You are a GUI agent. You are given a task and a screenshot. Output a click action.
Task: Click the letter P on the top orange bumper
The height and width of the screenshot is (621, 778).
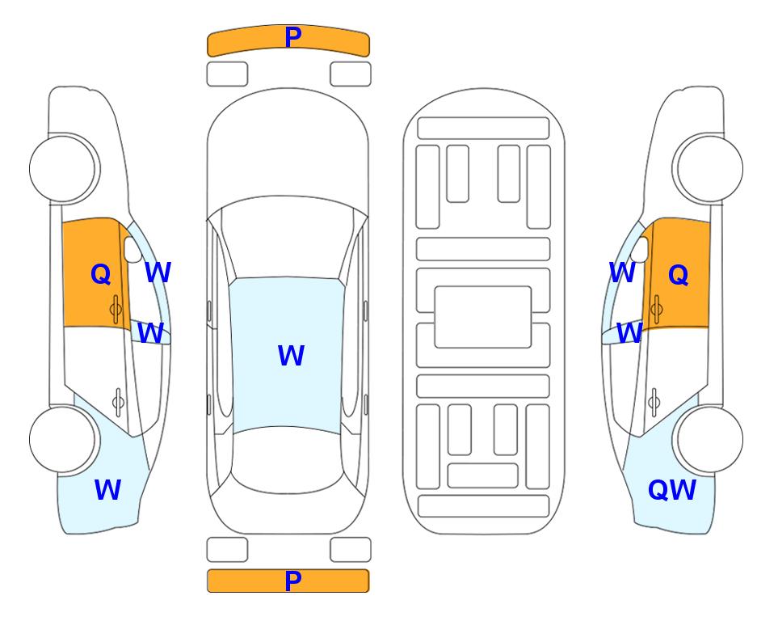pyautogui.click(x=293, y=36)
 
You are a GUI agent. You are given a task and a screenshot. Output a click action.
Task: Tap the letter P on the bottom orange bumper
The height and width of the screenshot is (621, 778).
pyautogui.click(x=293, y=581)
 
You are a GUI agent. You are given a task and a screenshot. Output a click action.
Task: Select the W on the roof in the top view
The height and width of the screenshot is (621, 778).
pyautogui.click(x=291, y=355)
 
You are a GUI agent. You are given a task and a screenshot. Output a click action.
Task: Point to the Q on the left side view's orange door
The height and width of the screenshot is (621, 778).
pyautogui.click(x=101, y=274)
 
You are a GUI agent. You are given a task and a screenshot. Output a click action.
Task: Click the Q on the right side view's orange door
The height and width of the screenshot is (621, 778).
pyautogui.click(x=679, y=274)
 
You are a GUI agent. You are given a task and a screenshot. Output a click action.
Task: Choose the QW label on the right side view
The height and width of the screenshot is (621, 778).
pyautogui.click(x=672, y=490)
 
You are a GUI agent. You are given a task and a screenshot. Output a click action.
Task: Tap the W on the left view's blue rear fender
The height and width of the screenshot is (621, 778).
pyautogui.click(x=107, y=490)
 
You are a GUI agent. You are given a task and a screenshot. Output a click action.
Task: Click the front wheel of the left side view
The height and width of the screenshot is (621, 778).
pyautogui.click(x=64, y=168)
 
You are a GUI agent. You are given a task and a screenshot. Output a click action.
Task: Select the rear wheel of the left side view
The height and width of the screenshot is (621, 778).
pyautogui.click(x=64, y=439)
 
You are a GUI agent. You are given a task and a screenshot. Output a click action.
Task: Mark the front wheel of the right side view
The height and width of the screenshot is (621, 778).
pyautogui.click(x=709, y=168)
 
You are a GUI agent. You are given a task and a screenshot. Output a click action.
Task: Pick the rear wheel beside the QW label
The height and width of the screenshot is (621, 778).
pyautogui.click(x=709, y=439)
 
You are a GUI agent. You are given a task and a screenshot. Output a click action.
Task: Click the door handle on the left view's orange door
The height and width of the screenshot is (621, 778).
pyautogui.click(x=116, y=309)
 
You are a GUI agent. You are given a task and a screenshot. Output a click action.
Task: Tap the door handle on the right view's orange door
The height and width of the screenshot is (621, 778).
pyautogui.click(x=656, y=309)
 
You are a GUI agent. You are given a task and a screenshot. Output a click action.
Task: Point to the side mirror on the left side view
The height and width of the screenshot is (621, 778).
pyautogui.click(x=133, y=249)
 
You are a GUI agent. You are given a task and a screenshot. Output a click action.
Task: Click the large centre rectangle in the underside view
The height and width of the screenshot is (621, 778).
pyautogui.click(x=483, y=317)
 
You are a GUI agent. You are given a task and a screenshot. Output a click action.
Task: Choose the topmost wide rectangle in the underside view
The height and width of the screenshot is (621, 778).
pyautogui.click(x=483, y=129)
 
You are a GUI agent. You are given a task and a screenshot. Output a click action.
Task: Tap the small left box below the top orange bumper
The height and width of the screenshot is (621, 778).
pyautogui.click(x=227, y=74)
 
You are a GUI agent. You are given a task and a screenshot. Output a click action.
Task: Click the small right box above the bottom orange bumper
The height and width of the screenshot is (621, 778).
pyautogui.click(x=351, y=550)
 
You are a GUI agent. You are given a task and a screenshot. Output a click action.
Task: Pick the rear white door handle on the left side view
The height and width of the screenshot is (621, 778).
pyautogui.click(x=118, y=402)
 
